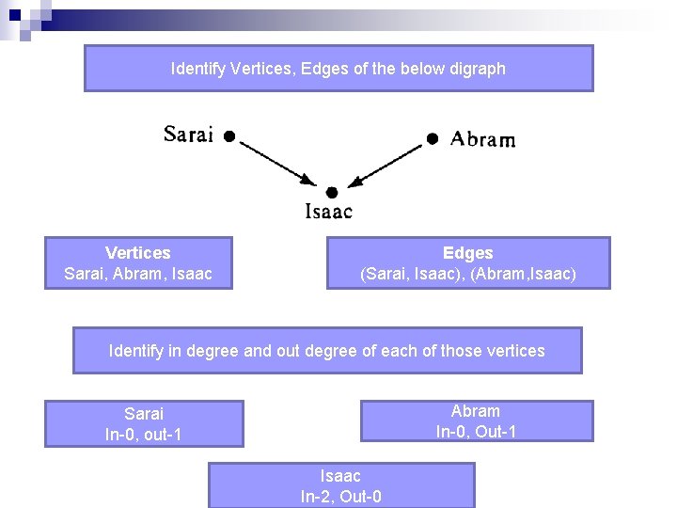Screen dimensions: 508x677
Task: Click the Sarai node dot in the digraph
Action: coord(229,135)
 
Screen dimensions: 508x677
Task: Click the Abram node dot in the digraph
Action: coord(433,138)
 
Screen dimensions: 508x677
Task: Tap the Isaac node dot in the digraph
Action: coord(332,193)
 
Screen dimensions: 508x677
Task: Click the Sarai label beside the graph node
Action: coord(188,135)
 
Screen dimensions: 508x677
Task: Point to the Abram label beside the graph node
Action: coord(482,139)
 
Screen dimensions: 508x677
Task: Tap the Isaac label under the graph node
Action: coord(329,212)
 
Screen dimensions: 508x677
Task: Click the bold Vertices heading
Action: coord(138,253)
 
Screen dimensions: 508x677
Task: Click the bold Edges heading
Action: coord(467,253)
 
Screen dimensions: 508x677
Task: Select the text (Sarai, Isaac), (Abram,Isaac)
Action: coord(468,275)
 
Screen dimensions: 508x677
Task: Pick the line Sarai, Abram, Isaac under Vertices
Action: coord(138,275)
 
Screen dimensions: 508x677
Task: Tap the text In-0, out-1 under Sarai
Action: coord(144,435)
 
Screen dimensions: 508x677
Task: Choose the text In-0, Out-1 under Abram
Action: coord(476,432)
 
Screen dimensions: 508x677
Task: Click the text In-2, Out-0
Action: coord(340,497)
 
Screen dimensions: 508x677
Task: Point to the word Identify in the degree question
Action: coord(137,351)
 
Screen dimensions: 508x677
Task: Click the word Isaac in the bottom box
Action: coord(340,476)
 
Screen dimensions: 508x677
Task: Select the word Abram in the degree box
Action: coord(476,411)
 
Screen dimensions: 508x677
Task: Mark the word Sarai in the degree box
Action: coord(144,414)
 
